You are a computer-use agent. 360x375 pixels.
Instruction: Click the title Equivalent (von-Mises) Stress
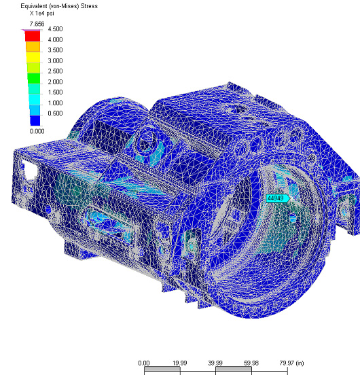pos(59,6)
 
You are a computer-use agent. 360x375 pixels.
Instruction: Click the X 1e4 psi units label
pos(42,14)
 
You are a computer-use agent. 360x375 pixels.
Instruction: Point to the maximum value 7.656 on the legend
pos(37,24)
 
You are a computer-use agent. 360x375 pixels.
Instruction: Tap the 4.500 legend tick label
pos(55,29)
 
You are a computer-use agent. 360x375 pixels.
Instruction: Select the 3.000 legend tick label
pos(55,60)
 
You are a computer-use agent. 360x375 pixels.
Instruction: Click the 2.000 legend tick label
pos(55,82)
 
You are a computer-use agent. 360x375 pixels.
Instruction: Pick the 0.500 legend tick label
pos(55,113)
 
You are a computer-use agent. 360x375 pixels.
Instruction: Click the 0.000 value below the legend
pos(37,131)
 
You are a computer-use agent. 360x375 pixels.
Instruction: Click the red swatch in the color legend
pos(33,36)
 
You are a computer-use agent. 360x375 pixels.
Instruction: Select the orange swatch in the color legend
pos(33,47)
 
